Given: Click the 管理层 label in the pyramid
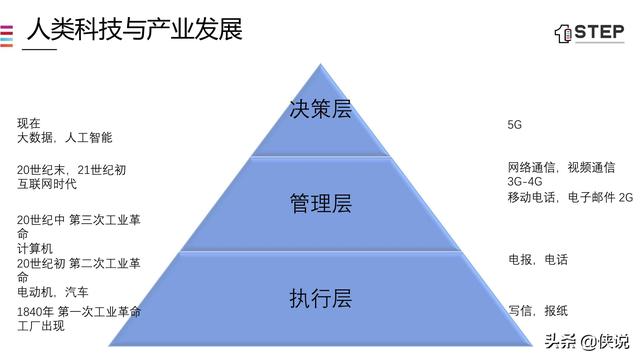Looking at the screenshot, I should coord(320,204).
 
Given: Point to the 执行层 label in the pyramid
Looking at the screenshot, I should coord(320,298).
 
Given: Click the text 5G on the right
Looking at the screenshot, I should coord(515,125).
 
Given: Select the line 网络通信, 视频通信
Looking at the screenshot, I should coord(561,167).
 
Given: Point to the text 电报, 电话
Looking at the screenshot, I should coord(538,259).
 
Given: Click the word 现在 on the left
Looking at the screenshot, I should coord(28,123).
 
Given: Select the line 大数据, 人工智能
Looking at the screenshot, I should coord(64,138).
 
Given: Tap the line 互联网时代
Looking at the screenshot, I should coord(47,184).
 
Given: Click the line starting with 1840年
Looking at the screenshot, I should coord(78,312).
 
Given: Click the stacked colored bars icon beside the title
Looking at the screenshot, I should coord(7,34).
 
